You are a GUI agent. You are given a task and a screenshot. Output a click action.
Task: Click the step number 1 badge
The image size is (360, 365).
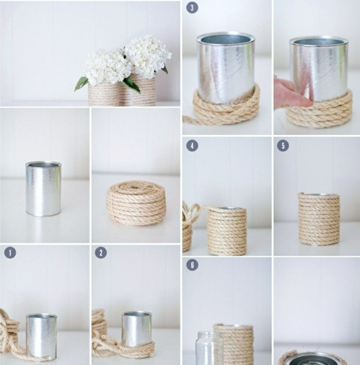tap(10, 253)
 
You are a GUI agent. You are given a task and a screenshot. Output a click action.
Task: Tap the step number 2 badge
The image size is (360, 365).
tap(101, 253)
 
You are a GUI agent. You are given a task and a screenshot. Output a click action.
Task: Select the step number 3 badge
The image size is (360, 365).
tap(192, 7)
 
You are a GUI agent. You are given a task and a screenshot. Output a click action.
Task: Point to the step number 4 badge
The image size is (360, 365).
tap(192, 146)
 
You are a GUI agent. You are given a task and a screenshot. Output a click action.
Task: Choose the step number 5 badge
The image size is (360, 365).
tap(283, 146)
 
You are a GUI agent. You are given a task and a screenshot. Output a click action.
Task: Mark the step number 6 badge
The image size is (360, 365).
tap(192, 265)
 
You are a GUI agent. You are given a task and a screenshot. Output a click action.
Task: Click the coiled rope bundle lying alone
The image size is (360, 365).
tap(136, 203)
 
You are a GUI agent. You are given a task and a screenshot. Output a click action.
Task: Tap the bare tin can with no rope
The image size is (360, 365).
tap(44, 189)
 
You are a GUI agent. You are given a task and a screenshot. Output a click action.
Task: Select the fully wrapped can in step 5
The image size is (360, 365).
tap(319, 219)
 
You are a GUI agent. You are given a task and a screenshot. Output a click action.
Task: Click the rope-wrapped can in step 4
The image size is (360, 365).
tap(227, 231)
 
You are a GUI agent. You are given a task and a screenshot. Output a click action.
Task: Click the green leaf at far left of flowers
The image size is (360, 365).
tap(81, 83)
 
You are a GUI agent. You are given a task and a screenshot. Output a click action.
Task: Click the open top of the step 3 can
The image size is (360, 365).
tap(225, 39)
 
